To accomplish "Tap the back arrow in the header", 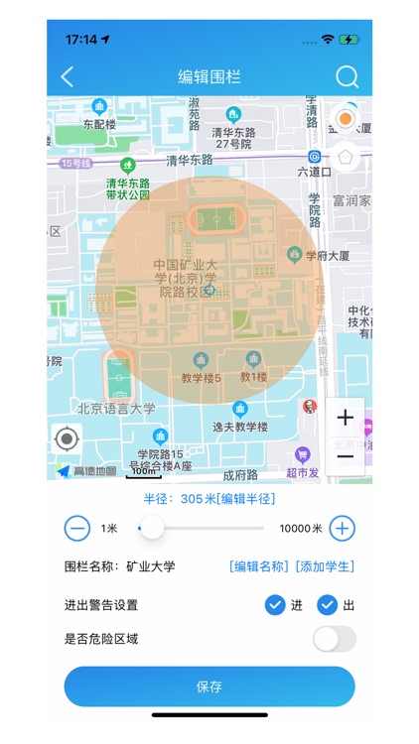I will (68, 76).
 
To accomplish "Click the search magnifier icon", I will (347, 76).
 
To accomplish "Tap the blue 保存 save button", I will (209, 686).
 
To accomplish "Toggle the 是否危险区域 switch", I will (334, 639).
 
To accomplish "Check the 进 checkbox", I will (276, 605).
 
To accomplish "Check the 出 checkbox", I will (328, 605).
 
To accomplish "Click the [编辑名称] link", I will (259, 566).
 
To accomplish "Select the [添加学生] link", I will (325, 566).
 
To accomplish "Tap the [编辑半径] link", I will (247, 498).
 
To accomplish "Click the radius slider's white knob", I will (152, 529).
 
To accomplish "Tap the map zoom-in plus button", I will (345, 417).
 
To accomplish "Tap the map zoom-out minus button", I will (345, 455).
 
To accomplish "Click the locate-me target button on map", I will (67, 437).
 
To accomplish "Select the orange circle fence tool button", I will (345, 119).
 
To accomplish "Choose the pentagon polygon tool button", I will (345, 156).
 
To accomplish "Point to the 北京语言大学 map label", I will (117, 408).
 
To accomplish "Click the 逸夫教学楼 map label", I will (239, 427).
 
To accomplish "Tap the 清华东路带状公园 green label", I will (128, 189).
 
